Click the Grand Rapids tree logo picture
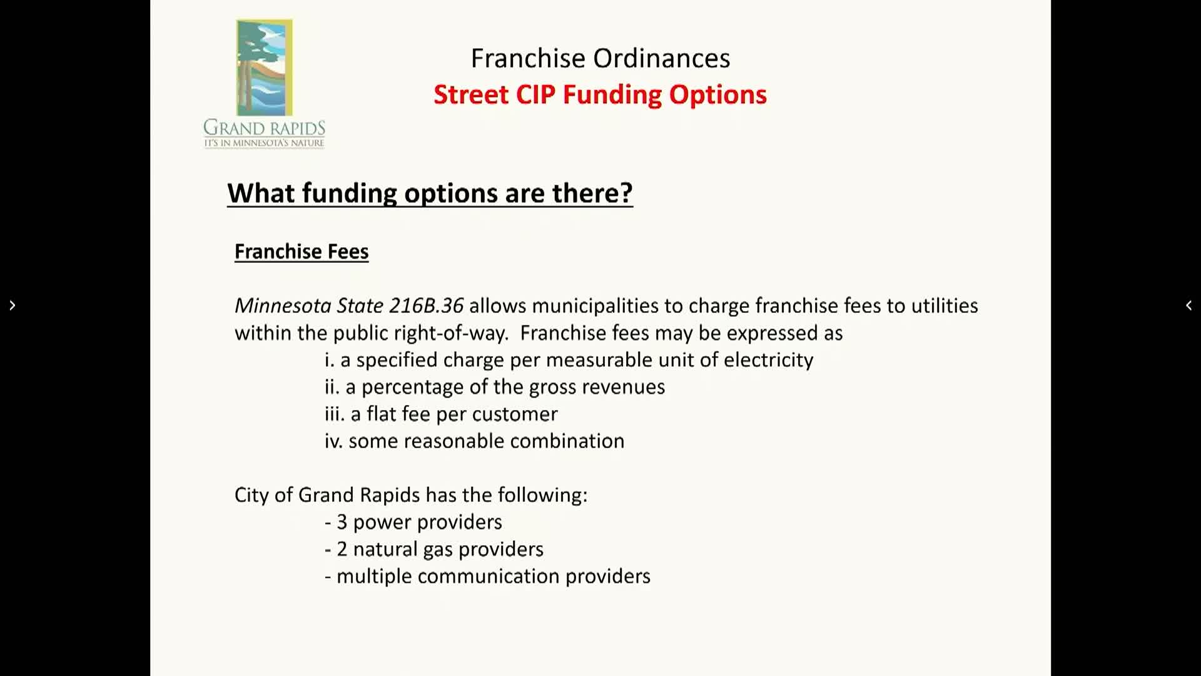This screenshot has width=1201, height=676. [x=264, y=68]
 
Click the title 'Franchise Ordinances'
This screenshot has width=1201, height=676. [x=600, y=58]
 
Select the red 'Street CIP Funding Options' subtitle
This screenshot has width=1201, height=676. [x=600, y=95]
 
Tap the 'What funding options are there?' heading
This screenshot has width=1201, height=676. [x=430, y=193]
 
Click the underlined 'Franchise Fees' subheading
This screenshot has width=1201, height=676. [x=302, y=251]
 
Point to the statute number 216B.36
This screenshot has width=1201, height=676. [x=426, y=305]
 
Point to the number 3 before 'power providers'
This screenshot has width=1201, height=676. [x=342, y=522]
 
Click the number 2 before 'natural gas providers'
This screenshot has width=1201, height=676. [x=342, y=549]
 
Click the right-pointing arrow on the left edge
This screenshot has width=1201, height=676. [x=12, y=305]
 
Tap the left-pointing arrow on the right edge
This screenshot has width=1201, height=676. [x=1188, y=305]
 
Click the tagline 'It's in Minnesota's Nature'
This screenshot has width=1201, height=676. [x=264, y=143]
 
